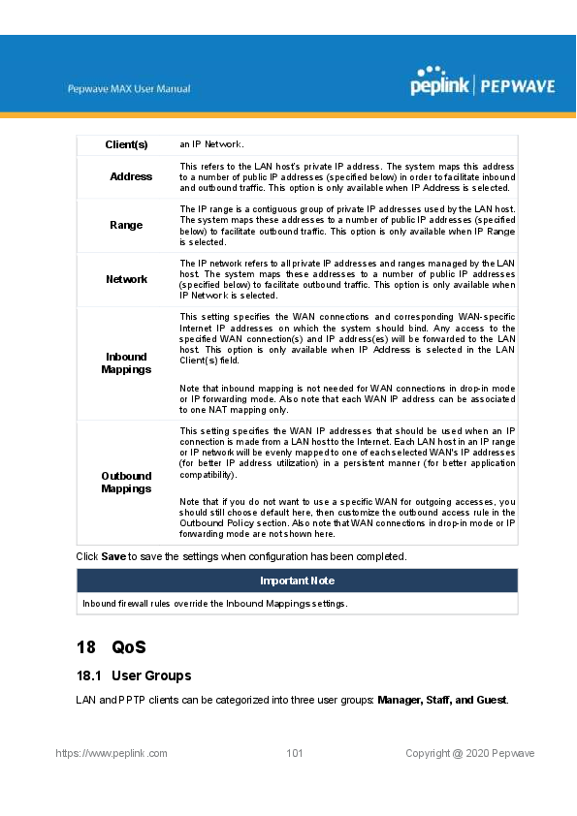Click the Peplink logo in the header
pyautogui.click(x=438, y=82)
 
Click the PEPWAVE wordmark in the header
pyautogui.click(x=517, y=86)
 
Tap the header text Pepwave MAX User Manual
pyautogui.click(x=129, y=89)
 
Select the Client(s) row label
pyautogui.click(x=126, y=144)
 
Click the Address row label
pyautogui.click(x=131, y=176)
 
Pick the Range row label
pyautogui.click(x=126, y=225)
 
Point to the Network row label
pyautogui.click(x=126, y=279)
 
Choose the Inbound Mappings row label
pyautogui.click(x=126, y=363)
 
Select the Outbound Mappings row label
pyautogui.click(x=126, y=482)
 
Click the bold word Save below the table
pyautogui.click(x=114, y=557)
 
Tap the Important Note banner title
pyautogui.click(x=297, y=581)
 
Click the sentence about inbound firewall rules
pyautogui.click(x=214, y=603)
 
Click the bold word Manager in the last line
pyautogui.click(x=400, y=700)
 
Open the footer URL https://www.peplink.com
pyautogui.click(x=112, y=753)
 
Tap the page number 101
pyautogui.click(x=296, y=753)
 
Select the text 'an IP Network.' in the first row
pyautogui.click(x=210, y=144)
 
